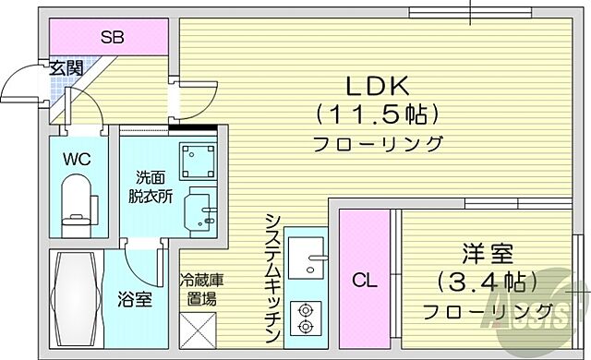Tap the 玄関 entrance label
coord(66,67)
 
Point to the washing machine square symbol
coord(197,161)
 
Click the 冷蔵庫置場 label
coord(199,289)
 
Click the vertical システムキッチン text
coord(273,277)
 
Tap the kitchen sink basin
coord(305,254)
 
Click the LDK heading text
coord(377,87)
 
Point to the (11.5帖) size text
coord(377,115)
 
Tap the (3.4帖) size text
coord(487,281)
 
